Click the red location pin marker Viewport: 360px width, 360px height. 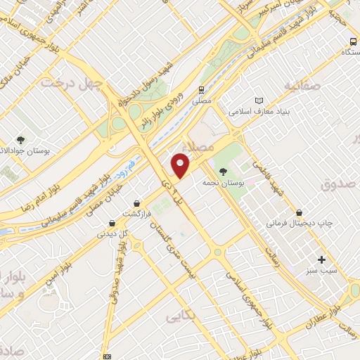pos(181,165)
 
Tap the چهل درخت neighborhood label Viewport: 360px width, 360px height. pos(72,82)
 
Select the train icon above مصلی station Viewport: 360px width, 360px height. pos(201,89)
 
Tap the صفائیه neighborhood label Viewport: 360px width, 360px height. pos(302,86)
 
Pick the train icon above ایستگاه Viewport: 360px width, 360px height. pos(348,41)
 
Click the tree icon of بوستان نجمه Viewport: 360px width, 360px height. pos(224,171)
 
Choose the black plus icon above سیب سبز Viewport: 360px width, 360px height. pos(322,259)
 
